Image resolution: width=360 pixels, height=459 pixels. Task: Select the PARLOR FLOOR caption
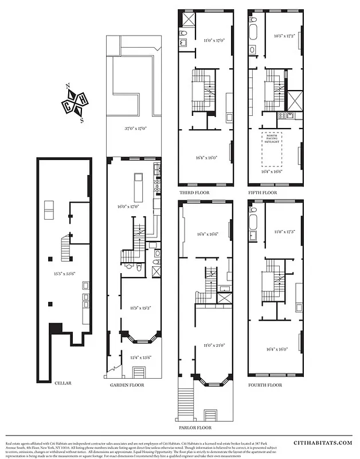click(x=195, y=428)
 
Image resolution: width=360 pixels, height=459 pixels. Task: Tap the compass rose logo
click(x=75, y=104)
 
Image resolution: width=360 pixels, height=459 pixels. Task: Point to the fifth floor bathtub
click(x=253, y=27)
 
